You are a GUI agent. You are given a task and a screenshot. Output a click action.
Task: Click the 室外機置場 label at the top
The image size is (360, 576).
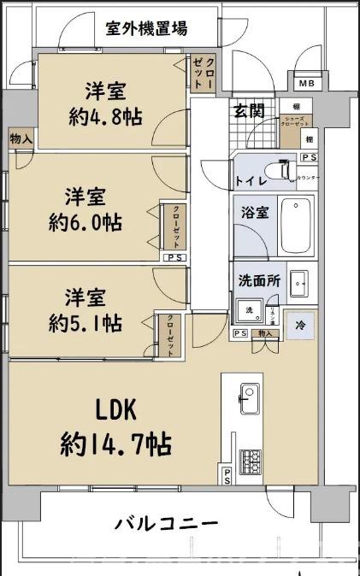(146, 29)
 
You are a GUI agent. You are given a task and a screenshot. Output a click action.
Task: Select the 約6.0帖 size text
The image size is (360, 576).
(86, 222)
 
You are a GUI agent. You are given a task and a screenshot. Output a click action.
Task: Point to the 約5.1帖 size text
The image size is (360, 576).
(85, 323)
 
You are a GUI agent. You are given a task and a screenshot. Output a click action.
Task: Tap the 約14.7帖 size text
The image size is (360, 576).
(115, 444)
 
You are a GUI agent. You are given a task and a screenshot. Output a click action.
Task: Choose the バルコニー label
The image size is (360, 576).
(166, 524)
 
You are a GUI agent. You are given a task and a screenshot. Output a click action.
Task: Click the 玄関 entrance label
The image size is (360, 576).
(249, 109)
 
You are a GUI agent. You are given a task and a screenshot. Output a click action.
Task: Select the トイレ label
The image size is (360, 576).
(251, 180)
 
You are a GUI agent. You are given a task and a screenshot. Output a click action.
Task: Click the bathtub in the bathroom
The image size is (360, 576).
(297, 225)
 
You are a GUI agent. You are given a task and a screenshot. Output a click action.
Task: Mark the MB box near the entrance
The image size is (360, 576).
(305, 83)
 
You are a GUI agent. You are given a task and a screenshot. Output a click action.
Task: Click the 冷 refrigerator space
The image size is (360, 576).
(298, 325)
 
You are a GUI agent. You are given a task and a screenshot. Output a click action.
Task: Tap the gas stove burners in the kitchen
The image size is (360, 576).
(250, 462)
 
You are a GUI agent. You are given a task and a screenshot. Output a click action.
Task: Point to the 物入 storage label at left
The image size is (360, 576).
(21, 138)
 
